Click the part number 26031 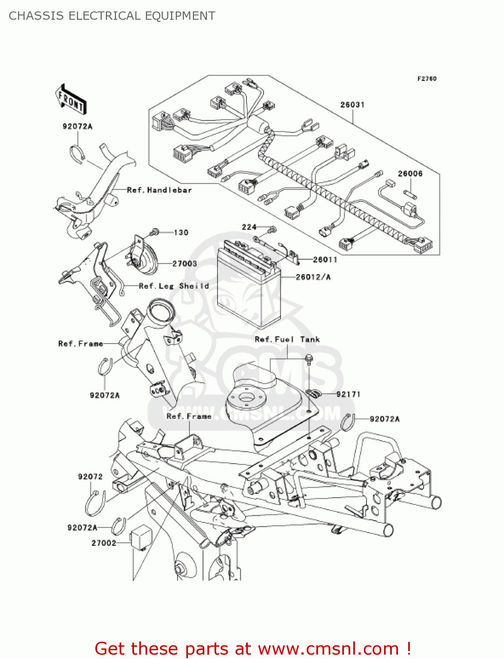(352, 105)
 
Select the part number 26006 (410, 174)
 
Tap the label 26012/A (313, 277)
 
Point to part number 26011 (325, 260)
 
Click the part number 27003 (184, 264)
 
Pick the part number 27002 (104, 543)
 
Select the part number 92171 (348, 394)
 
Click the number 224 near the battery (249, 227)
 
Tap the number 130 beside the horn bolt (181, 232)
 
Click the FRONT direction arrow (70, 100)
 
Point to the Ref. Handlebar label (159, 190)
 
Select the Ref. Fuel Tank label (287, 340)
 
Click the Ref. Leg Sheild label (174, 286)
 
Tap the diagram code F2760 (427, 79)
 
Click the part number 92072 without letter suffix (90, 477)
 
